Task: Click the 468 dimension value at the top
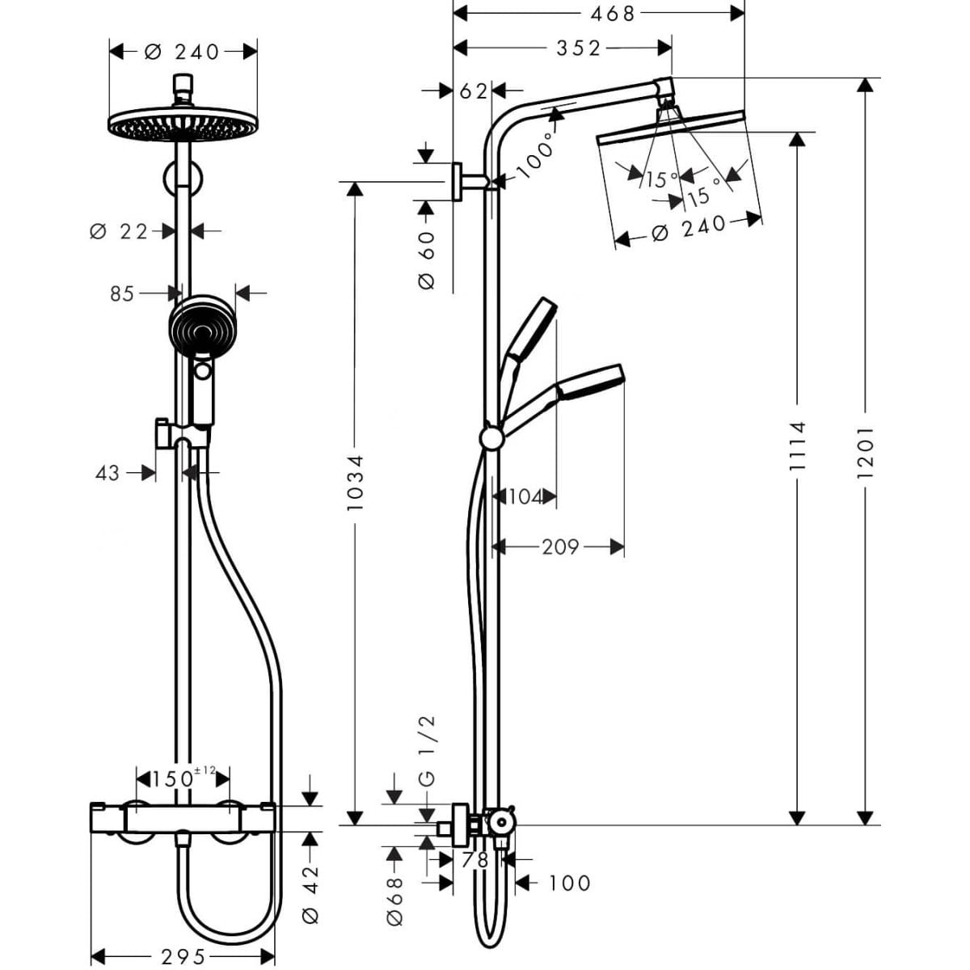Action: (x=613, y=14)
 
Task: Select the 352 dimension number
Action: (x=579, y=48)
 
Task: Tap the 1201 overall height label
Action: (x=865, y=453)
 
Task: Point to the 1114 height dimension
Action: (x=797, y=446)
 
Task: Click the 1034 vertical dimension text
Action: (x=356, y=483)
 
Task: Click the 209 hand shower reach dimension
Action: (x=561, y=546)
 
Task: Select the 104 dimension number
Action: (x=525, y=497)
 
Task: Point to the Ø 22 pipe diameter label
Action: (x=119, y=231)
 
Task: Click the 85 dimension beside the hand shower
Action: (x=122, y=294)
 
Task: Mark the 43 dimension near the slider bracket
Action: (x=108, y=473)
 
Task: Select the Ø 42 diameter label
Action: (x=311, y=895)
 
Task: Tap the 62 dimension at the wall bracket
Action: (x=473, y=91)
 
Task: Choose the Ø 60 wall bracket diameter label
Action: (x=426, y=261)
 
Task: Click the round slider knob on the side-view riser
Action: (x=491, y=439)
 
